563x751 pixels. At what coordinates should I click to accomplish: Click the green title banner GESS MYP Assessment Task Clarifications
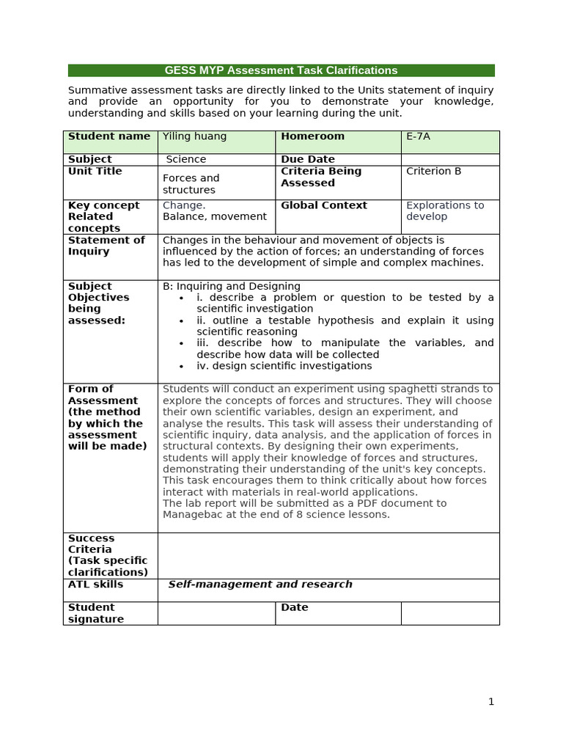click(x=281, y=70)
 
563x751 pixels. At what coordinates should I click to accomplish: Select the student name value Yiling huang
click(x=194, y=136)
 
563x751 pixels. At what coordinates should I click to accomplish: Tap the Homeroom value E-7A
click(x=418, y=136)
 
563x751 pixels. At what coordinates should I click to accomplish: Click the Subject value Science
click(x=186, y=159)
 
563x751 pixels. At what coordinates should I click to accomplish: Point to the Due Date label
click(x=307, y=159)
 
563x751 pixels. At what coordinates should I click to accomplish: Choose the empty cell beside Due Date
click(x=449, y=159)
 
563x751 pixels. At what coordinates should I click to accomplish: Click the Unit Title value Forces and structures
click(x=191, y=183)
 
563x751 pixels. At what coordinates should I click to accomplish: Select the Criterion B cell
click(x=433, y=171)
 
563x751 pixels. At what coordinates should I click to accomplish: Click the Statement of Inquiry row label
click(x=106, y=246)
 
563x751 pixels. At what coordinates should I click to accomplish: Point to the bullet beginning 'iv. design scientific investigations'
click(x=284, y=366)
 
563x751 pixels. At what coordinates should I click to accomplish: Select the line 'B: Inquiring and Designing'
click(x=231, y=286)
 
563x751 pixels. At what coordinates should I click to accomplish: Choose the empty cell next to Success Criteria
click(x=328, y=555)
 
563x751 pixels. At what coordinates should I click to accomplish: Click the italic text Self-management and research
click(x=260, y=585)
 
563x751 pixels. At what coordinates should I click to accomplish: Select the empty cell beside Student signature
click(x=216, y=613)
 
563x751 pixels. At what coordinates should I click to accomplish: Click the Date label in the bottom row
click(x=294, y=607)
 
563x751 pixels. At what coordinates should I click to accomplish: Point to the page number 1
click(x=491, y=702)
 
